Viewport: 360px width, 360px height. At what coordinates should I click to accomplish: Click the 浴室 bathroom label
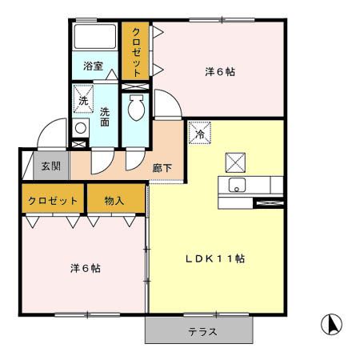click(92, 66)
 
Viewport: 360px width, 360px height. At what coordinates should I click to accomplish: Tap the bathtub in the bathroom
click(95, 37)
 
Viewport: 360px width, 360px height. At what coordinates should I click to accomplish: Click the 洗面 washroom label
click(105, 118)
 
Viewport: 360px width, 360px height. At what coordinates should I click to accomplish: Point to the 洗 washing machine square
click(83, 101)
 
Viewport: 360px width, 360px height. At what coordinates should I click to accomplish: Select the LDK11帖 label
click(215, 258)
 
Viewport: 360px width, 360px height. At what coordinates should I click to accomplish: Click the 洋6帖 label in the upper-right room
click(219, 71)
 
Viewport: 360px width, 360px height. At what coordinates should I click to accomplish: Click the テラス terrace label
click(202, 330)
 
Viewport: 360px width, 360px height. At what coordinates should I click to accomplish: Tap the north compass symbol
click(331, 324)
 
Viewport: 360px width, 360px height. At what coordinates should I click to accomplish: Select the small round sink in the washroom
click(80, 129)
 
